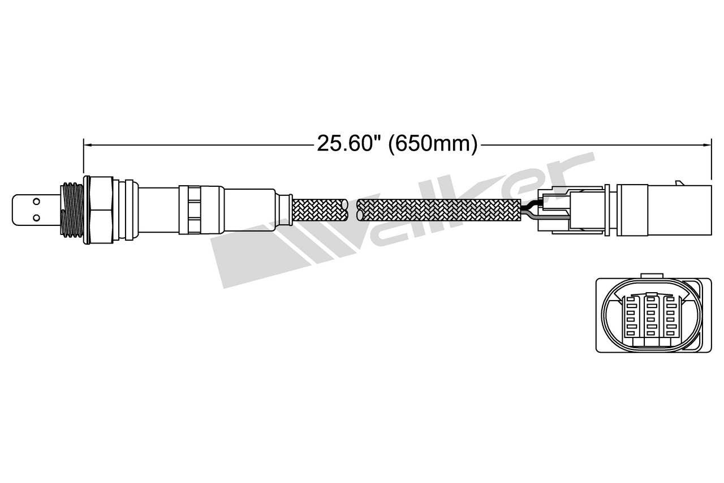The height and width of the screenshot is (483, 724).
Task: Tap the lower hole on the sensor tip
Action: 36,217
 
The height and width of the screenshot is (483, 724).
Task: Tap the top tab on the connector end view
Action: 650,277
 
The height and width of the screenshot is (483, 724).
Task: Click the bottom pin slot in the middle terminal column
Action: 650,335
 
